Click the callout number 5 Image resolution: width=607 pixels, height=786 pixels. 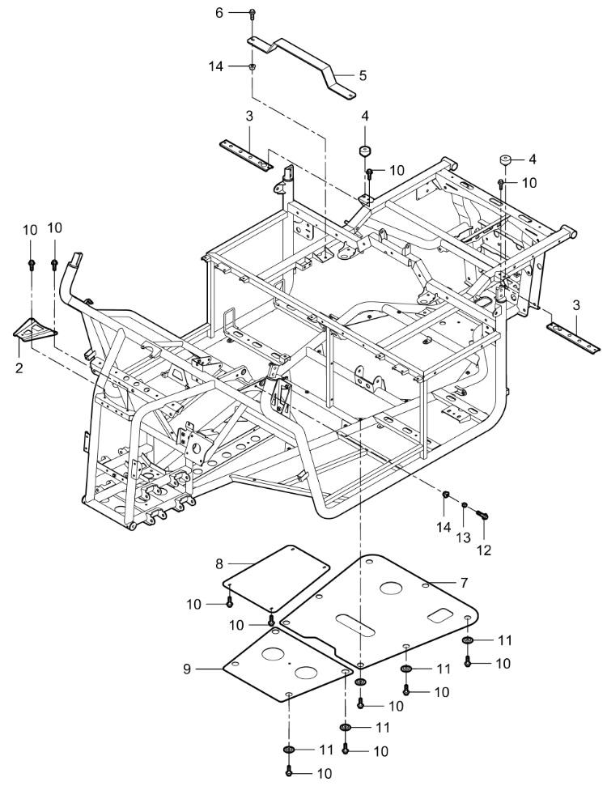click(x=363, y=75)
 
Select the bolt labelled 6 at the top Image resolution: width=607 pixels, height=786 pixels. click(x=252, y=14)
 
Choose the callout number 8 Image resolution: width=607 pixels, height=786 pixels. click(x=219, y=560)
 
